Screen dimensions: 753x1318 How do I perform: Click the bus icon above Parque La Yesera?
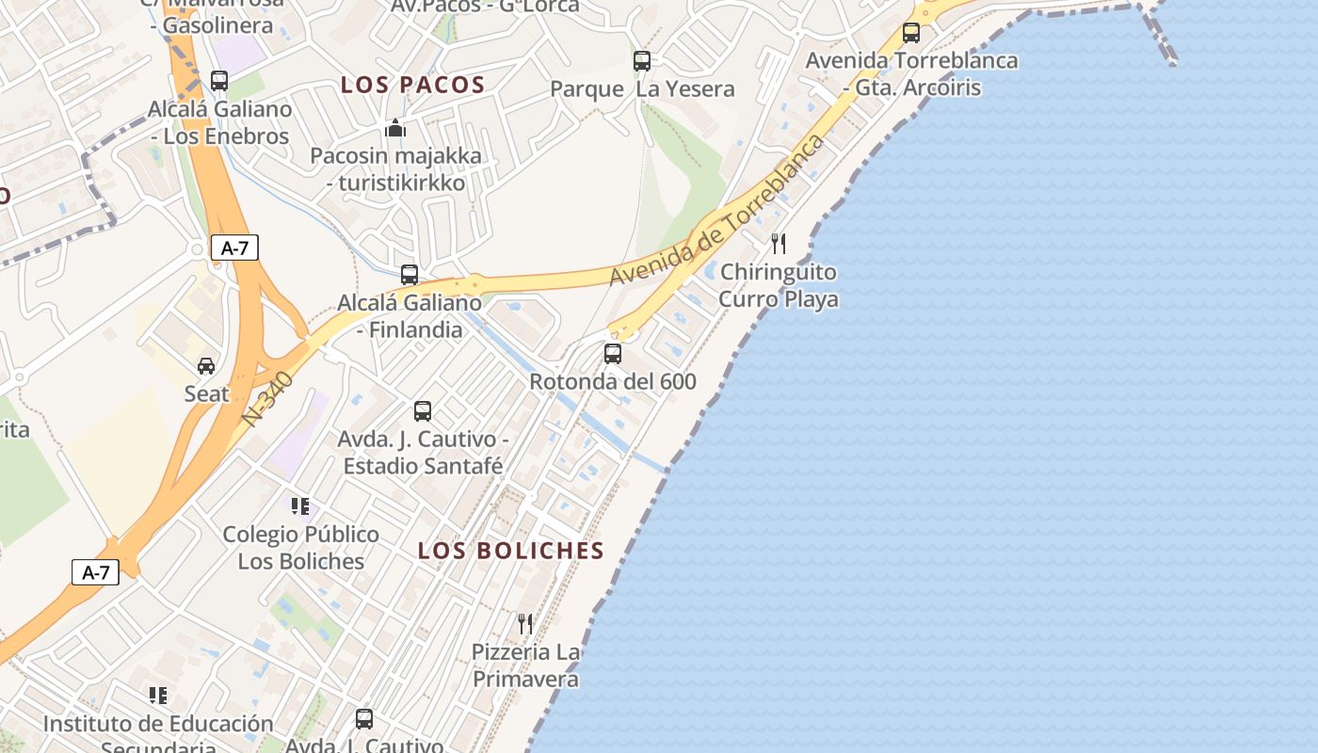tap(642, 61)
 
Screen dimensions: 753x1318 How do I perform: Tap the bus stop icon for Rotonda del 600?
tap(613, 354)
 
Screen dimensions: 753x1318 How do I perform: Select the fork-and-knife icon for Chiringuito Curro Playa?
tap(779, 244)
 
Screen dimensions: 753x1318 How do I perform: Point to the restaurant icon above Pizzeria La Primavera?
tap(525, 623)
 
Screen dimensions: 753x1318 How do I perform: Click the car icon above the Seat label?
tap(206, 365)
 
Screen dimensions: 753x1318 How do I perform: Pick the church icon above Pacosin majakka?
tap(395, 127)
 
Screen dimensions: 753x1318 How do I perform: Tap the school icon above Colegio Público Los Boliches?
tap(300, 506)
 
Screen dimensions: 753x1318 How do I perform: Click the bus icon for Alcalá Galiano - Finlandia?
tap(410, 275)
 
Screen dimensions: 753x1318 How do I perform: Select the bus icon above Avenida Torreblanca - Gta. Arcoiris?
tap(911, 33)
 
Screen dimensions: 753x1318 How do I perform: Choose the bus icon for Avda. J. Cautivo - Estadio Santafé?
tap(423, 411)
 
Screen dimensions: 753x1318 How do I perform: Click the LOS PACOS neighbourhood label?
tap(413, 86)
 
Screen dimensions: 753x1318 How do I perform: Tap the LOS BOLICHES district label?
tap(511, 551)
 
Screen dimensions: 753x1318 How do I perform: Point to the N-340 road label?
tap(267, 400)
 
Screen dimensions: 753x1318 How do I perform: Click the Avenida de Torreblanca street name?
tap(717, 211)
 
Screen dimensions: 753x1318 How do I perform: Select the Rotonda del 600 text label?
tap(613, 381)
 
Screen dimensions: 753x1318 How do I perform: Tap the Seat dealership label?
tap(206, 393)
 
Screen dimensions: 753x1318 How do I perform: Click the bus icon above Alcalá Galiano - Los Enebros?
tap(219, 81)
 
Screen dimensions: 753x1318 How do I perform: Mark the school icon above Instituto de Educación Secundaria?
tap(158, 696)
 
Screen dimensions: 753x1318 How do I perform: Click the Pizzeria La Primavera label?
tap(526, 665)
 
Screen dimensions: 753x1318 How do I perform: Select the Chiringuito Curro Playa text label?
tap(779, 285)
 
